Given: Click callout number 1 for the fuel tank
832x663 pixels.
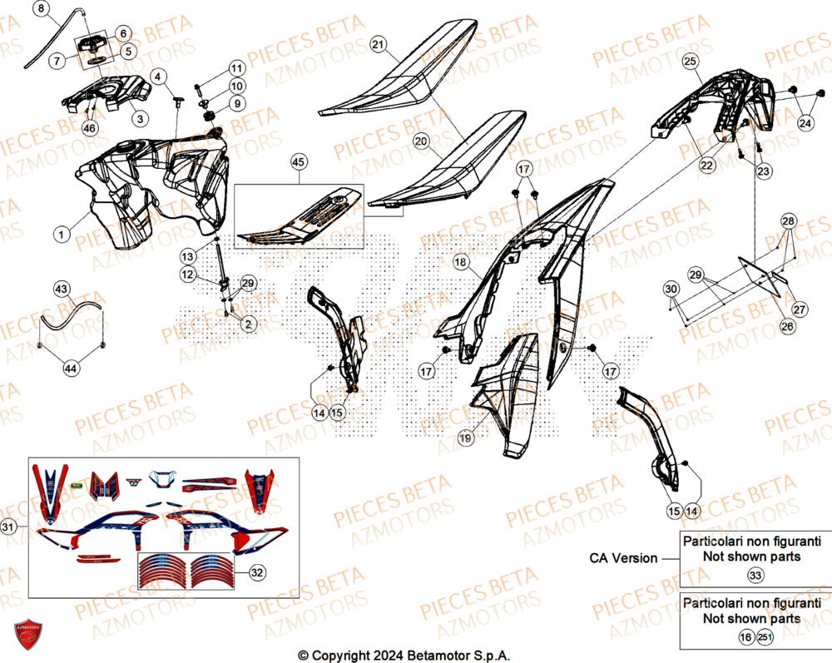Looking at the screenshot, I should click(x=61, y=235).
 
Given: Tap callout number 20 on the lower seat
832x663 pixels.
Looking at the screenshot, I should click(x=422, y=142).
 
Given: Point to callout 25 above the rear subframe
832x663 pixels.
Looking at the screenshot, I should click(x=690, y=61).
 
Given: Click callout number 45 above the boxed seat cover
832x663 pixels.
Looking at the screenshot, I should click(x=299, y=162).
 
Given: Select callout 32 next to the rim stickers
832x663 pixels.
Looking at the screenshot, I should click(x=256, y=572).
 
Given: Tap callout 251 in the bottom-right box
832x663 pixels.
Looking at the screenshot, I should click(x=765, y=636).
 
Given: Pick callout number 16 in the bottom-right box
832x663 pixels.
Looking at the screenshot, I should click(x=746, y=636).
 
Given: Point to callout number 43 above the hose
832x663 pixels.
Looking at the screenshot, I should click(x=62, y=289).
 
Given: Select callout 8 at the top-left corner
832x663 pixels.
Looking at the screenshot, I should click(x=42, y=10).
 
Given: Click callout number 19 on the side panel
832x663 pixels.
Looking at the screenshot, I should click(x=465, y=435).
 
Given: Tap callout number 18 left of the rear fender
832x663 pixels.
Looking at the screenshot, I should click(x=460, y=262).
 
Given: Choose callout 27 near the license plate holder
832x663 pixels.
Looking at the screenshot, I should click(x=800, y=309).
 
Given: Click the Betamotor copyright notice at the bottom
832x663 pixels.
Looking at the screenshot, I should click(x=404, y=655).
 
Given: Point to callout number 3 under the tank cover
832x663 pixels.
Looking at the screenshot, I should click(x=140, y=119).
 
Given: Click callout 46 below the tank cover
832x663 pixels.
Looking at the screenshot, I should click(x=90, y=128).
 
